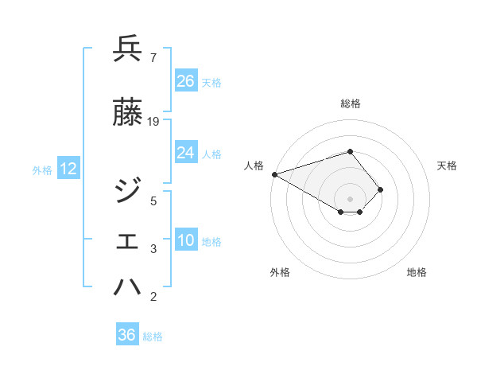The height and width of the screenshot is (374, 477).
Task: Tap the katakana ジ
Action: [128, 191]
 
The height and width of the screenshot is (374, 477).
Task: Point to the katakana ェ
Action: [128, 242]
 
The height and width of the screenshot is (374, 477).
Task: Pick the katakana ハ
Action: [128, 287]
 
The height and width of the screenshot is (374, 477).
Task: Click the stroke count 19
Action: [153, 122]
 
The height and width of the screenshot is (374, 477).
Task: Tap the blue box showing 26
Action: [186, 81]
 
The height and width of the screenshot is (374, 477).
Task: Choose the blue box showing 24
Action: [186, 154]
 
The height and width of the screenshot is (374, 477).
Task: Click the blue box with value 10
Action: [186, 241]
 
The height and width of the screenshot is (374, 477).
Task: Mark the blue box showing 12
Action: [68, 169]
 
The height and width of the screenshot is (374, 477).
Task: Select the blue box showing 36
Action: [127, 335]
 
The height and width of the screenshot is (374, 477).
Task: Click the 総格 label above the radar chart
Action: [350, 103]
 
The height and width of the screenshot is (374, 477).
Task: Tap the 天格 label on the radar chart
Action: [448, 166]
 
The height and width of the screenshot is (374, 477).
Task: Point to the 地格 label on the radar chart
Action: [417, 272]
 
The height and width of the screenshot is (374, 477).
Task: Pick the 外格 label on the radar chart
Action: [280, 272]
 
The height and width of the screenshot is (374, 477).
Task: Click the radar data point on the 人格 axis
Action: [274, 173]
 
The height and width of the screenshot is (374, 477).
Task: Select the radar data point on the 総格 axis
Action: [350, 151]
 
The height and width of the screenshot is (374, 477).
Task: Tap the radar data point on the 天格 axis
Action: [381, 189]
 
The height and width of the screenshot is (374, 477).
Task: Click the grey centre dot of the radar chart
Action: [350, 197]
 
